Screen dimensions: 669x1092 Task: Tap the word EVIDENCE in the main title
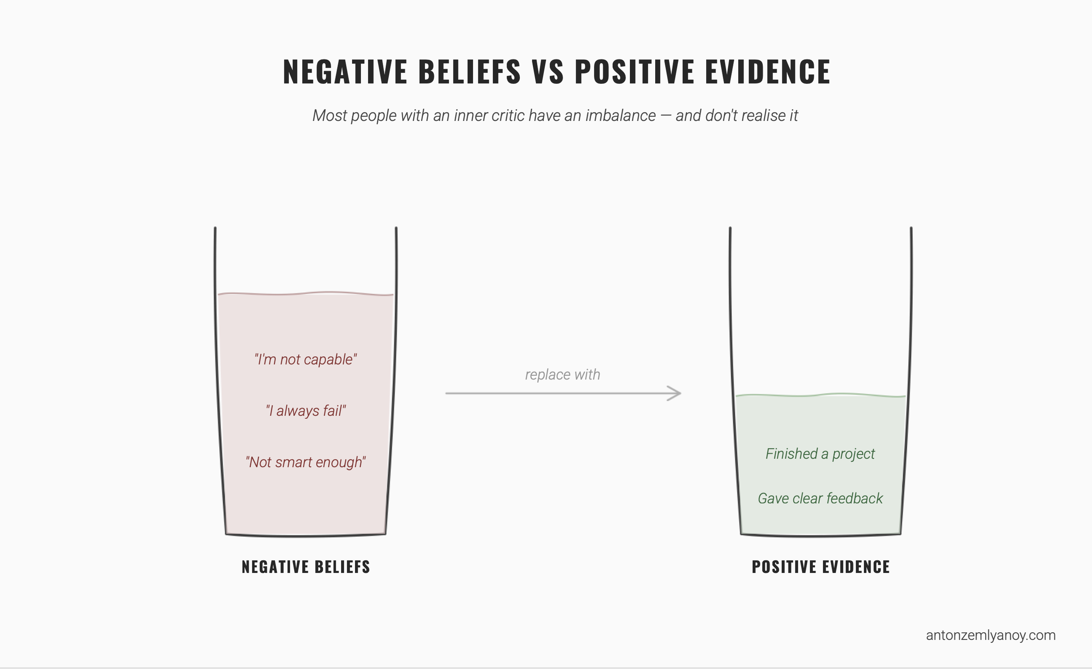click(767, 72)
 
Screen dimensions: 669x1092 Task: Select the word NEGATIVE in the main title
click(345, 72)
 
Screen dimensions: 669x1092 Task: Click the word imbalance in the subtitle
click(620, 116)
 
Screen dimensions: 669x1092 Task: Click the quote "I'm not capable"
click(306, 360)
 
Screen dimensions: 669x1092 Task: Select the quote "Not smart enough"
click(306, 462)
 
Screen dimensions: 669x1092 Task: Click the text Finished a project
click(820, 454)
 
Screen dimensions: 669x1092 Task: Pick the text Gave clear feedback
click(820, 498)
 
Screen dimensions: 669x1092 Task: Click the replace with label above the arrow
click(563, 375)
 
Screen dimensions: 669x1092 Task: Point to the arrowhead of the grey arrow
click(676, 393)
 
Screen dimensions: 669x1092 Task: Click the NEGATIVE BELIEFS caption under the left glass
click(306, 567)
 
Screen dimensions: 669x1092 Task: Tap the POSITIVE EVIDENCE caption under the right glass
click(821, 567)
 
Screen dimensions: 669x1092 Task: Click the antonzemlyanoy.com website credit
click(991, 635)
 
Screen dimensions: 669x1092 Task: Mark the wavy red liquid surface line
click(306, 293)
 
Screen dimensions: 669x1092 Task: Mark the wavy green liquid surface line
click(820, 395)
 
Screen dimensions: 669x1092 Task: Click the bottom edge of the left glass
click(306, 536)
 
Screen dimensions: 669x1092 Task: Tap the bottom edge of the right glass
click(821, 536)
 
